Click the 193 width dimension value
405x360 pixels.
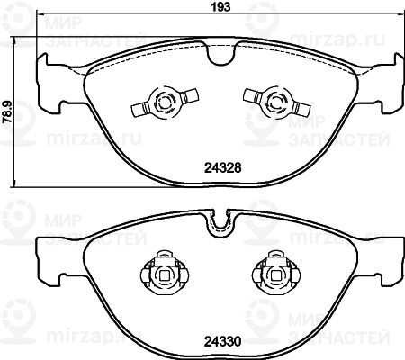pyautogui.click(x=221, y=6)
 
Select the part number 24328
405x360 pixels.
pyautogui.click(x=222, y=168)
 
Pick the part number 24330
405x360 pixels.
pyautogui.click(x=222, y=341)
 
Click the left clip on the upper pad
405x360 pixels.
pyautogui.click(x=166, y=103)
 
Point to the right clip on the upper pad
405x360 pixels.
pyautogui.click(x=276, y=103)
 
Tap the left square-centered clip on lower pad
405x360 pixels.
pyautogui.click(x=165, y=273)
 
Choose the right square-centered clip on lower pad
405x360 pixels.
pyautogui.click(x=276, y=273)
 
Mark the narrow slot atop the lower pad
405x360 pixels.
pyautogui.click(x=221, y=221)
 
